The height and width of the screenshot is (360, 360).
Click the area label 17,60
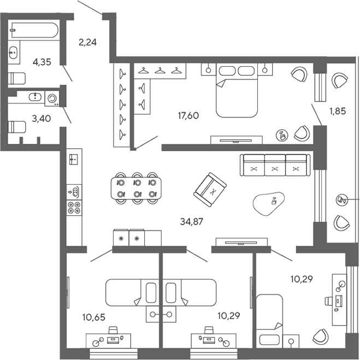[x=188, y=115]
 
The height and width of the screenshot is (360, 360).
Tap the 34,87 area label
[x=192, y=222]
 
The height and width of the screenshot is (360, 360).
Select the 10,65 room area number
[x=93, y=317]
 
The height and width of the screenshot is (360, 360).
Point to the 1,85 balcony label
[x=338, y=111]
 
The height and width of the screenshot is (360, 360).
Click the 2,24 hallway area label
[x=87, y=42]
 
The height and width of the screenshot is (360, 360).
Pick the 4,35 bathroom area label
[x=42, y=62]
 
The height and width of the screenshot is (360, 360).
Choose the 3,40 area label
[x=42, y=119]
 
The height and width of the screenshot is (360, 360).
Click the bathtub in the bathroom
[x=34, y=30]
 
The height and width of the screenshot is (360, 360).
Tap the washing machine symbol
[x=52, y=98]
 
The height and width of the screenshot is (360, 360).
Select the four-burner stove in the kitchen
[x=74, y=208]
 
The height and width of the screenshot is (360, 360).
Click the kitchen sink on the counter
[x=73, y=160]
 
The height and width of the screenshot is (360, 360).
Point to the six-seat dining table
[x=136, y=188]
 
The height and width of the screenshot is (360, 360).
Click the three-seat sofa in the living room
[x=275, y=166]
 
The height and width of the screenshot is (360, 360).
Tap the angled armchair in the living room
[x=210, y=190]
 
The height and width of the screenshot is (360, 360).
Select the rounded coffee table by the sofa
[x=269, y=203]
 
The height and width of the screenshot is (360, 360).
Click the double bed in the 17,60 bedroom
[x=237, y=91]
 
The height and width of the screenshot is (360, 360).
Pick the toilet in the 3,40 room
[x=16, y=127]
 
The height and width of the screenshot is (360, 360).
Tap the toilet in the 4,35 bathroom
[x=16, y=78]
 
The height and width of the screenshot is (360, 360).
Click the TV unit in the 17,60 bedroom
[x=237, y=140]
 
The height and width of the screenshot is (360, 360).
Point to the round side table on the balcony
[x=341, y=199]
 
